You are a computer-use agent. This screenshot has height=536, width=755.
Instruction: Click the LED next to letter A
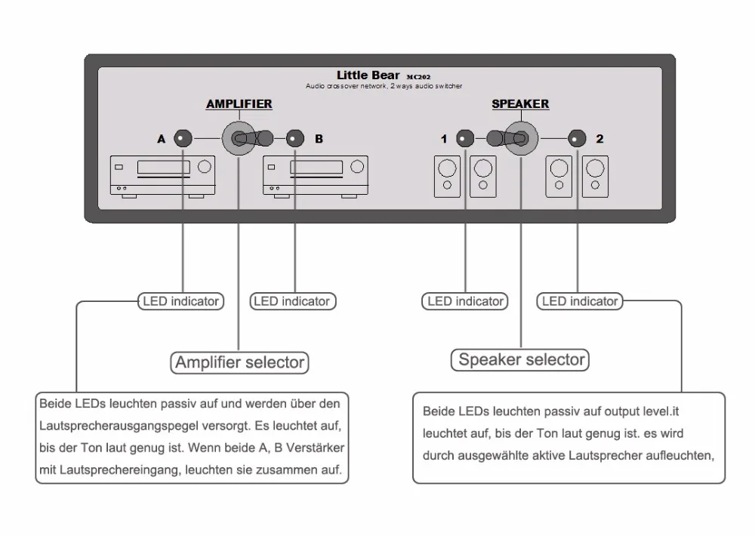[x=183, y=139]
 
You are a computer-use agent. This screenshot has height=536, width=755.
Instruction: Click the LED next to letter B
[x=295, y=139]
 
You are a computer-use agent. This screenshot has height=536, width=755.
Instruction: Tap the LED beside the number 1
[x=465, y=139]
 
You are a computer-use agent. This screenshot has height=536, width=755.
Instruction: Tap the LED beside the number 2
[x=578, y=139]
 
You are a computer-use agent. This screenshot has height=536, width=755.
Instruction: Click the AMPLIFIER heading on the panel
[x=239, y=104]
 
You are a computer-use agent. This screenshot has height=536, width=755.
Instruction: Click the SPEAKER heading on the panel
[x=520, y=104]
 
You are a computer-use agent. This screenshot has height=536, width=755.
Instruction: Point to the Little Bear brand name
[x=368, y=75]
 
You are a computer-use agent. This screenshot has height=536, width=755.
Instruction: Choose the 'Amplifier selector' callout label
[x=240, y=362]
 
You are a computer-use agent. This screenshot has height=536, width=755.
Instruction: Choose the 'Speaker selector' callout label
[x=522, y=359]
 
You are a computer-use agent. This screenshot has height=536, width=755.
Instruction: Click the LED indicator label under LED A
[x=181, y=301]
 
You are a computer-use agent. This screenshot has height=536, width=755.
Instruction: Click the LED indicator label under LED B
[x=292, y=301]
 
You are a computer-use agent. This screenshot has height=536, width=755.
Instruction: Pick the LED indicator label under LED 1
[x=465, y=301]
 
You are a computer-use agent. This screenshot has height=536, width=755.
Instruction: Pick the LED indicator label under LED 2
[x=580, y=301]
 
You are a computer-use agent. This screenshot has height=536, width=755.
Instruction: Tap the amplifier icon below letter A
[x=162, y=176]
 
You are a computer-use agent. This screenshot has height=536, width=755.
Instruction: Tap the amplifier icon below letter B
[x=315, y=176]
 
